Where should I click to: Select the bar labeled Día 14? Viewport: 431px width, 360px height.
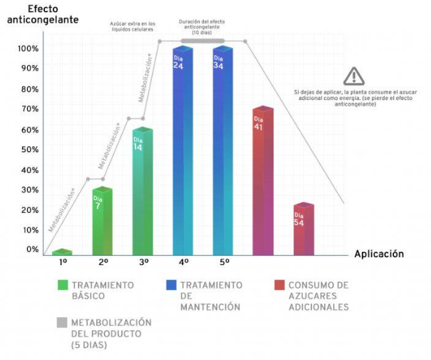(143, 191)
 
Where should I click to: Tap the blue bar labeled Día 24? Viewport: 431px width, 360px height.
(183, 150)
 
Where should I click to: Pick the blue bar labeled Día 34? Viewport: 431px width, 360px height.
(223, 150)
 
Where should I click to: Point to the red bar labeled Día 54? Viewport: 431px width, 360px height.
(303, 229)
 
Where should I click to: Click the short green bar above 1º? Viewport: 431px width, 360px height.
(62, 252)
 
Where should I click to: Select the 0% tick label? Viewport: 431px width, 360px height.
(33, 249)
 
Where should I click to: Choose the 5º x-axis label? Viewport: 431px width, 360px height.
(223, 263)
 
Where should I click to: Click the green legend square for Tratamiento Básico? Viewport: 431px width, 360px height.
(63, 285)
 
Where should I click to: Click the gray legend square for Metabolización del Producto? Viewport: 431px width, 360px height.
(63, 322)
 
